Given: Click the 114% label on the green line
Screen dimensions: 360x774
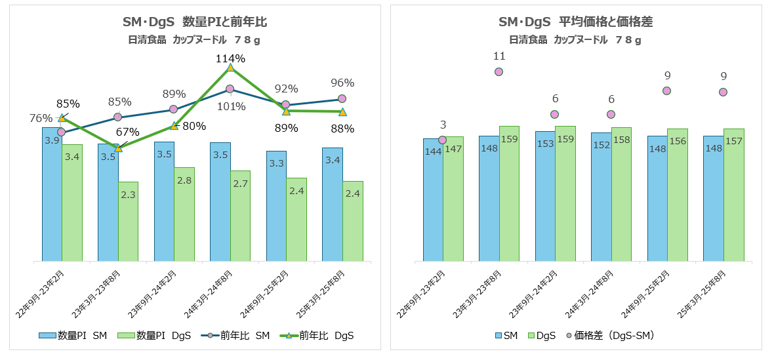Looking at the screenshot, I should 230,58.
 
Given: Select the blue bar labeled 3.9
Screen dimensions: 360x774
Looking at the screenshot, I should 52,197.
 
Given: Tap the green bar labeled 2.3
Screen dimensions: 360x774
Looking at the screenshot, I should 129,223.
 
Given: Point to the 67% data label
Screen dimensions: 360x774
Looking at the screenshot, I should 128,132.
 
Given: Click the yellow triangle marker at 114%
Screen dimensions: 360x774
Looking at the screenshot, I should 230,68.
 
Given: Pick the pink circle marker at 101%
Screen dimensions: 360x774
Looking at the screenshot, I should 230,89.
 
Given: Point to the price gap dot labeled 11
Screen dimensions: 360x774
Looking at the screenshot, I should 499,71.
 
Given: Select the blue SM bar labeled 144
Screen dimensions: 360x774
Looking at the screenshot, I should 433,203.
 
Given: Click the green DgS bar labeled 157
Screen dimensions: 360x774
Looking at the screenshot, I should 733,197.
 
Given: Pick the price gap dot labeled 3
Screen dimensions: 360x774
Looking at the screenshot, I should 443,140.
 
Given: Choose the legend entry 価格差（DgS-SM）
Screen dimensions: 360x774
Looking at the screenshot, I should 611,336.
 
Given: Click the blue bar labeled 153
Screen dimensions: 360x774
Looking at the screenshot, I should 545,197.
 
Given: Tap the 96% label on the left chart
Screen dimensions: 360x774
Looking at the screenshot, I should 342,83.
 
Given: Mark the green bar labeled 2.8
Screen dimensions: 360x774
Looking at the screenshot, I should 184,216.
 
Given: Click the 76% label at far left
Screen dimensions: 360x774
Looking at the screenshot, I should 41,118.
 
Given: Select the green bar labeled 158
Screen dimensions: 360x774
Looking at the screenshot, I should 621,197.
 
